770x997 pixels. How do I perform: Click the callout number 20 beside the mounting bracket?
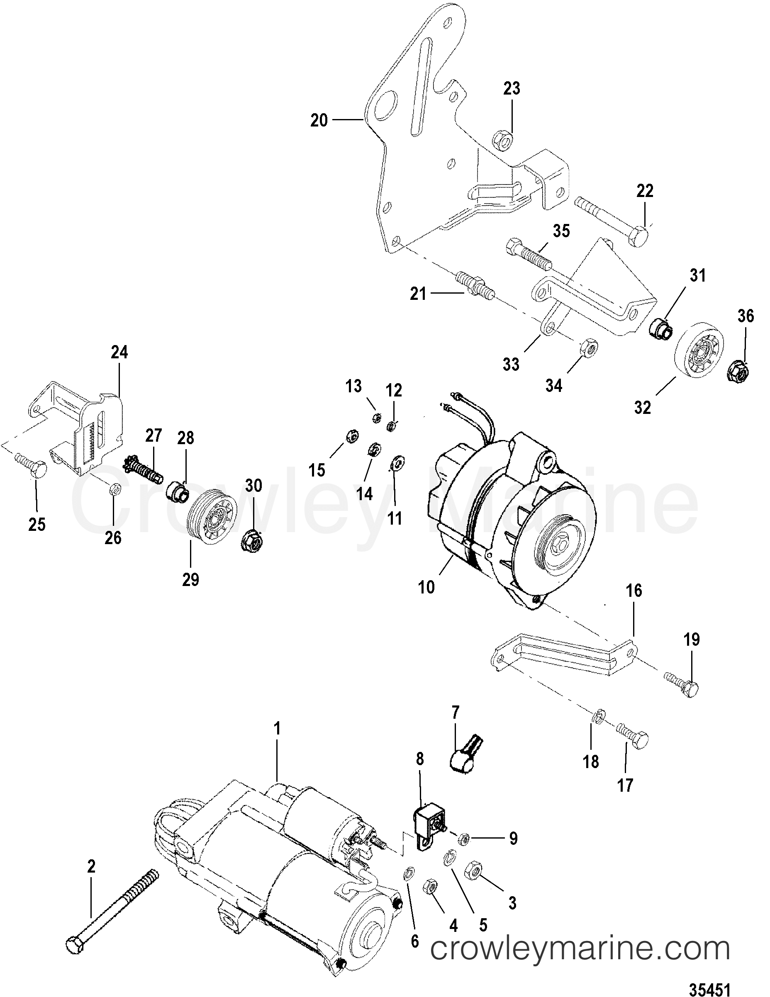coord(319,121)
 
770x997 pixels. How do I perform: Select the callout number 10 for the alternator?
coord(426,587)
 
